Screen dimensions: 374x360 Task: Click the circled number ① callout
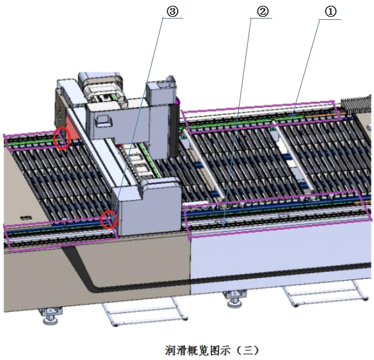pos(330,12)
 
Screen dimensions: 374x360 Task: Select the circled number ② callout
pos(262,12)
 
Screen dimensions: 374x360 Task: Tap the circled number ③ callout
pos(172,12)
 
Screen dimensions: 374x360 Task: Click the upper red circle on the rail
pos(61,138)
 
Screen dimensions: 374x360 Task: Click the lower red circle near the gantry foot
pos(109,220)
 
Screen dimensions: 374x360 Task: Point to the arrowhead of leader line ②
pos(224,222)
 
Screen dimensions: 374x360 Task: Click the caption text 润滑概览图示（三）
pos(212,350)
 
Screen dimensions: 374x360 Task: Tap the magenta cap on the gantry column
pos(177,102)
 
